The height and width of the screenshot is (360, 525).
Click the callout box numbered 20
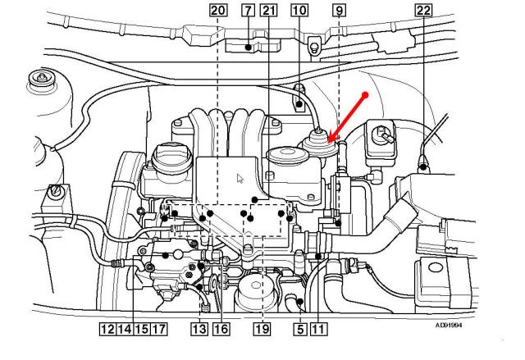(x=217, y=11)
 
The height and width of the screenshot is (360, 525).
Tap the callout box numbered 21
(x=268, y=11)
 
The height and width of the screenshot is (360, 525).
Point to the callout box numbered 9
(x=339, y=11)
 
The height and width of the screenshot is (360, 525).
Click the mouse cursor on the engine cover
(x=239, y=178)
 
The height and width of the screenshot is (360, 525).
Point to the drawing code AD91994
(x=449, y=325)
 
